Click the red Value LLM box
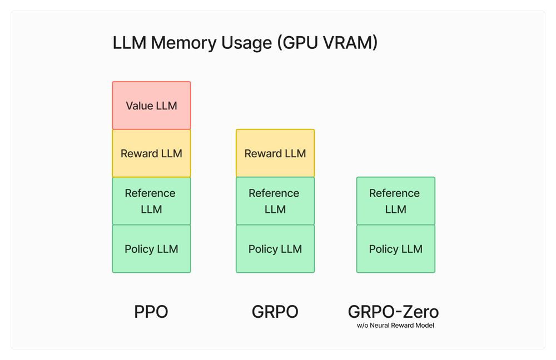tap(151, 106)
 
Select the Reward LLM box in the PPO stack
tap(151, 153)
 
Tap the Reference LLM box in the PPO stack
tap(151, 201)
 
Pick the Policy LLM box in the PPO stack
tap(151, 249)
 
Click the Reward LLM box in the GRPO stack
tap(275, 153)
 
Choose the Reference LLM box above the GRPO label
tap(275, 201)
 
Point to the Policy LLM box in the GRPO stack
tap(275, 249)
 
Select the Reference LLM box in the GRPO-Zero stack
tap(395, 201)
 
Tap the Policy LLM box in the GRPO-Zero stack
tap(395, 249)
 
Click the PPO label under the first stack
tap(151, 312)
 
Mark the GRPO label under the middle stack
tap(275, 312)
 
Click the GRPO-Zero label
tap(395, 311)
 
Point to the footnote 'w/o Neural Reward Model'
tap(395, 326)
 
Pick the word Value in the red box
tap(139, 106)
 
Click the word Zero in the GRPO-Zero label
tap(421, 311)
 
